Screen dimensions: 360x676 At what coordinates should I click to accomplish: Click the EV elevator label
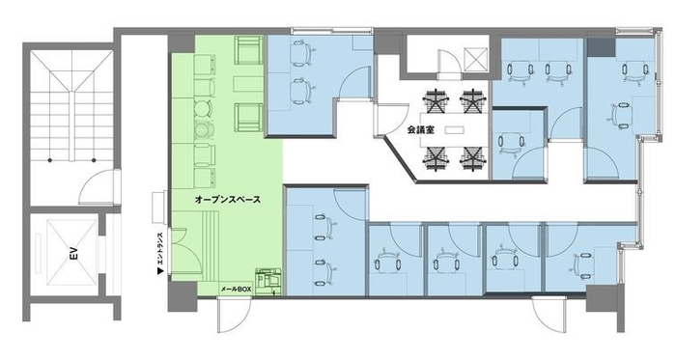click(x=71, y=258)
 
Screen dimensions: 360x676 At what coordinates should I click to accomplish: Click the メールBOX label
click(x=238, y=288)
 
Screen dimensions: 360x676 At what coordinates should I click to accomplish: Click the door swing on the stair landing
click(x=95, y=181)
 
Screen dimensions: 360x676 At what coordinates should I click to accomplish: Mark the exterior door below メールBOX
click(x=232, y=317)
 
